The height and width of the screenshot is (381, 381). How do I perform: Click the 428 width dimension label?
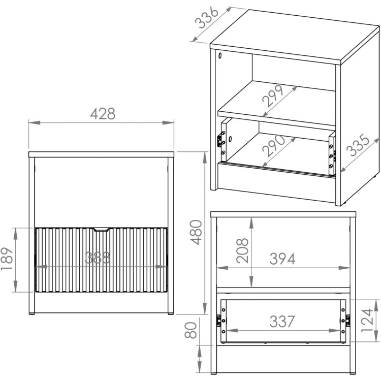103,113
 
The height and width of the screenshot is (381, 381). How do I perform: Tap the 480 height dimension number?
196,232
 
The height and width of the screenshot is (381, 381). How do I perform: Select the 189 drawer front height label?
7,259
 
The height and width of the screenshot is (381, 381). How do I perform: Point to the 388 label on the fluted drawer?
98,258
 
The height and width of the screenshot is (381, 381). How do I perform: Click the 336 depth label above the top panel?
207,17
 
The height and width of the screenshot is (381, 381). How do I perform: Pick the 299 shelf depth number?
273,96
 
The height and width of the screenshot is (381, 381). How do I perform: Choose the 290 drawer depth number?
274,146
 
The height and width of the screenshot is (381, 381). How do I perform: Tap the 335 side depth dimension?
358,145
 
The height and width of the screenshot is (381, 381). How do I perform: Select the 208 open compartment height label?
242,250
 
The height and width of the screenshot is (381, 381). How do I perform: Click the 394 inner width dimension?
282,259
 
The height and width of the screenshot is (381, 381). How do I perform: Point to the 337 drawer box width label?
282,321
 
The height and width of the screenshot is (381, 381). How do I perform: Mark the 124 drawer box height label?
367,320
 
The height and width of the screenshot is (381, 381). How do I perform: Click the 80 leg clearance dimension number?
190,330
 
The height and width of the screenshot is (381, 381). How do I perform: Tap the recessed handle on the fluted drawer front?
101,230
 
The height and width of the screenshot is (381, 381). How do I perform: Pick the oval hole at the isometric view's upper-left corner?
220,56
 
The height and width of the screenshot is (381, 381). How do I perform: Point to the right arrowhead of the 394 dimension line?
344,268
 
